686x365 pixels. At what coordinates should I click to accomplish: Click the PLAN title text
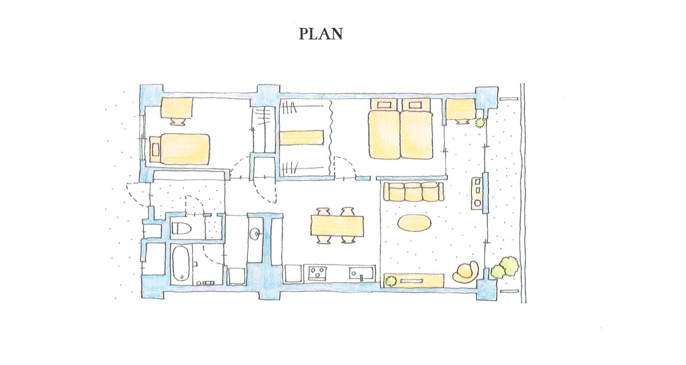tap(321, 34)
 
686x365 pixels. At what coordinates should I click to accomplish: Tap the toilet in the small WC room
tap(182, 228)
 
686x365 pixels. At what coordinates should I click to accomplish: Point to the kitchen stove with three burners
tap(318, 273)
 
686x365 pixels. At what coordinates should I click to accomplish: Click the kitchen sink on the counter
tap(362, 273)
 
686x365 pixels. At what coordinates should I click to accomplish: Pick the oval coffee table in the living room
tap(414, 223)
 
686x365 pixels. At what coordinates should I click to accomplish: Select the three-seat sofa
tap(414, 192)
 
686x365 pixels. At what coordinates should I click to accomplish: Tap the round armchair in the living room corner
tap(465, 272)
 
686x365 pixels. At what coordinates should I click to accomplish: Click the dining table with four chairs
tap(337, 226)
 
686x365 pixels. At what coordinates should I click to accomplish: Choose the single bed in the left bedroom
tap(180, 149)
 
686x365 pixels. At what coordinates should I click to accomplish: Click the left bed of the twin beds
tap(384, 129)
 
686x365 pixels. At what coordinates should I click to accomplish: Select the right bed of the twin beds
tap(416, 129)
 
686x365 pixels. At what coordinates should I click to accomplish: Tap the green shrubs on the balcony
tap(505, 268)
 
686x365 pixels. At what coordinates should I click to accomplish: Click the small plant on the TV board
tap(390, 281)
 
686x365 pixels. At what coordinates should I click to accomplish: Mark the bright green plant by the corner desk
tap(480, 123)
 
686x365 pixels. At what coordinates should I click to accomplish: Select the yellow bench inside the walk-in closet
tap(302, 138)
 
